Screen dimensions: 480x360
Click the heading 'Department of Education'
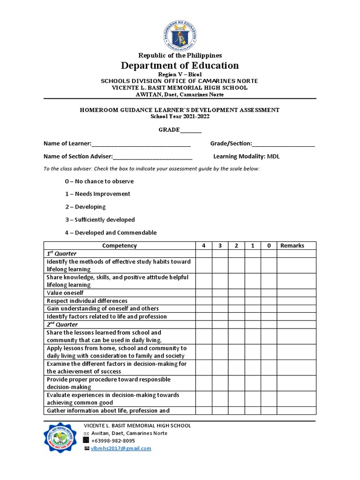click(180, 65)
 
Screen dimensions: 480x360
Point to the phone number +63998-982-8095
click(113, 441)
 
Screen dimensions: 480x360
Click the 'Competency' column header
click(120, 246)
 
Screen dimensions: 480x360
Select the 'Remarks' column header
click(292, 246)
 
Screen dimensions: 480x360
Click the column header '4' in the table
click(203, 246)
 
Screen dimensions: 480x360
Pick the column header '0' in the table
click(269, 246)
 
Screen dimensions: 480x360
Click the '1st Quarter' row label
click(61, 254)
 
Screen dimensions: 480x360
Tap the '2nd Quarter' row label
click(62, 324)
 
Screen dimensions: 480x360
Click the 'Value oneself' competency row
click(65, 293)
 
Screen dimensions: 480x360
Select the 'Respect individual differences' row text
click(87, 301)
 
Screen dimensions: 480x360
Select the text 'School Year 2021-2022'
click(180, 116)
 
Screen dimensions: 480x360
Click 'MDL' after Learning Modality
click(273, 157)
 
